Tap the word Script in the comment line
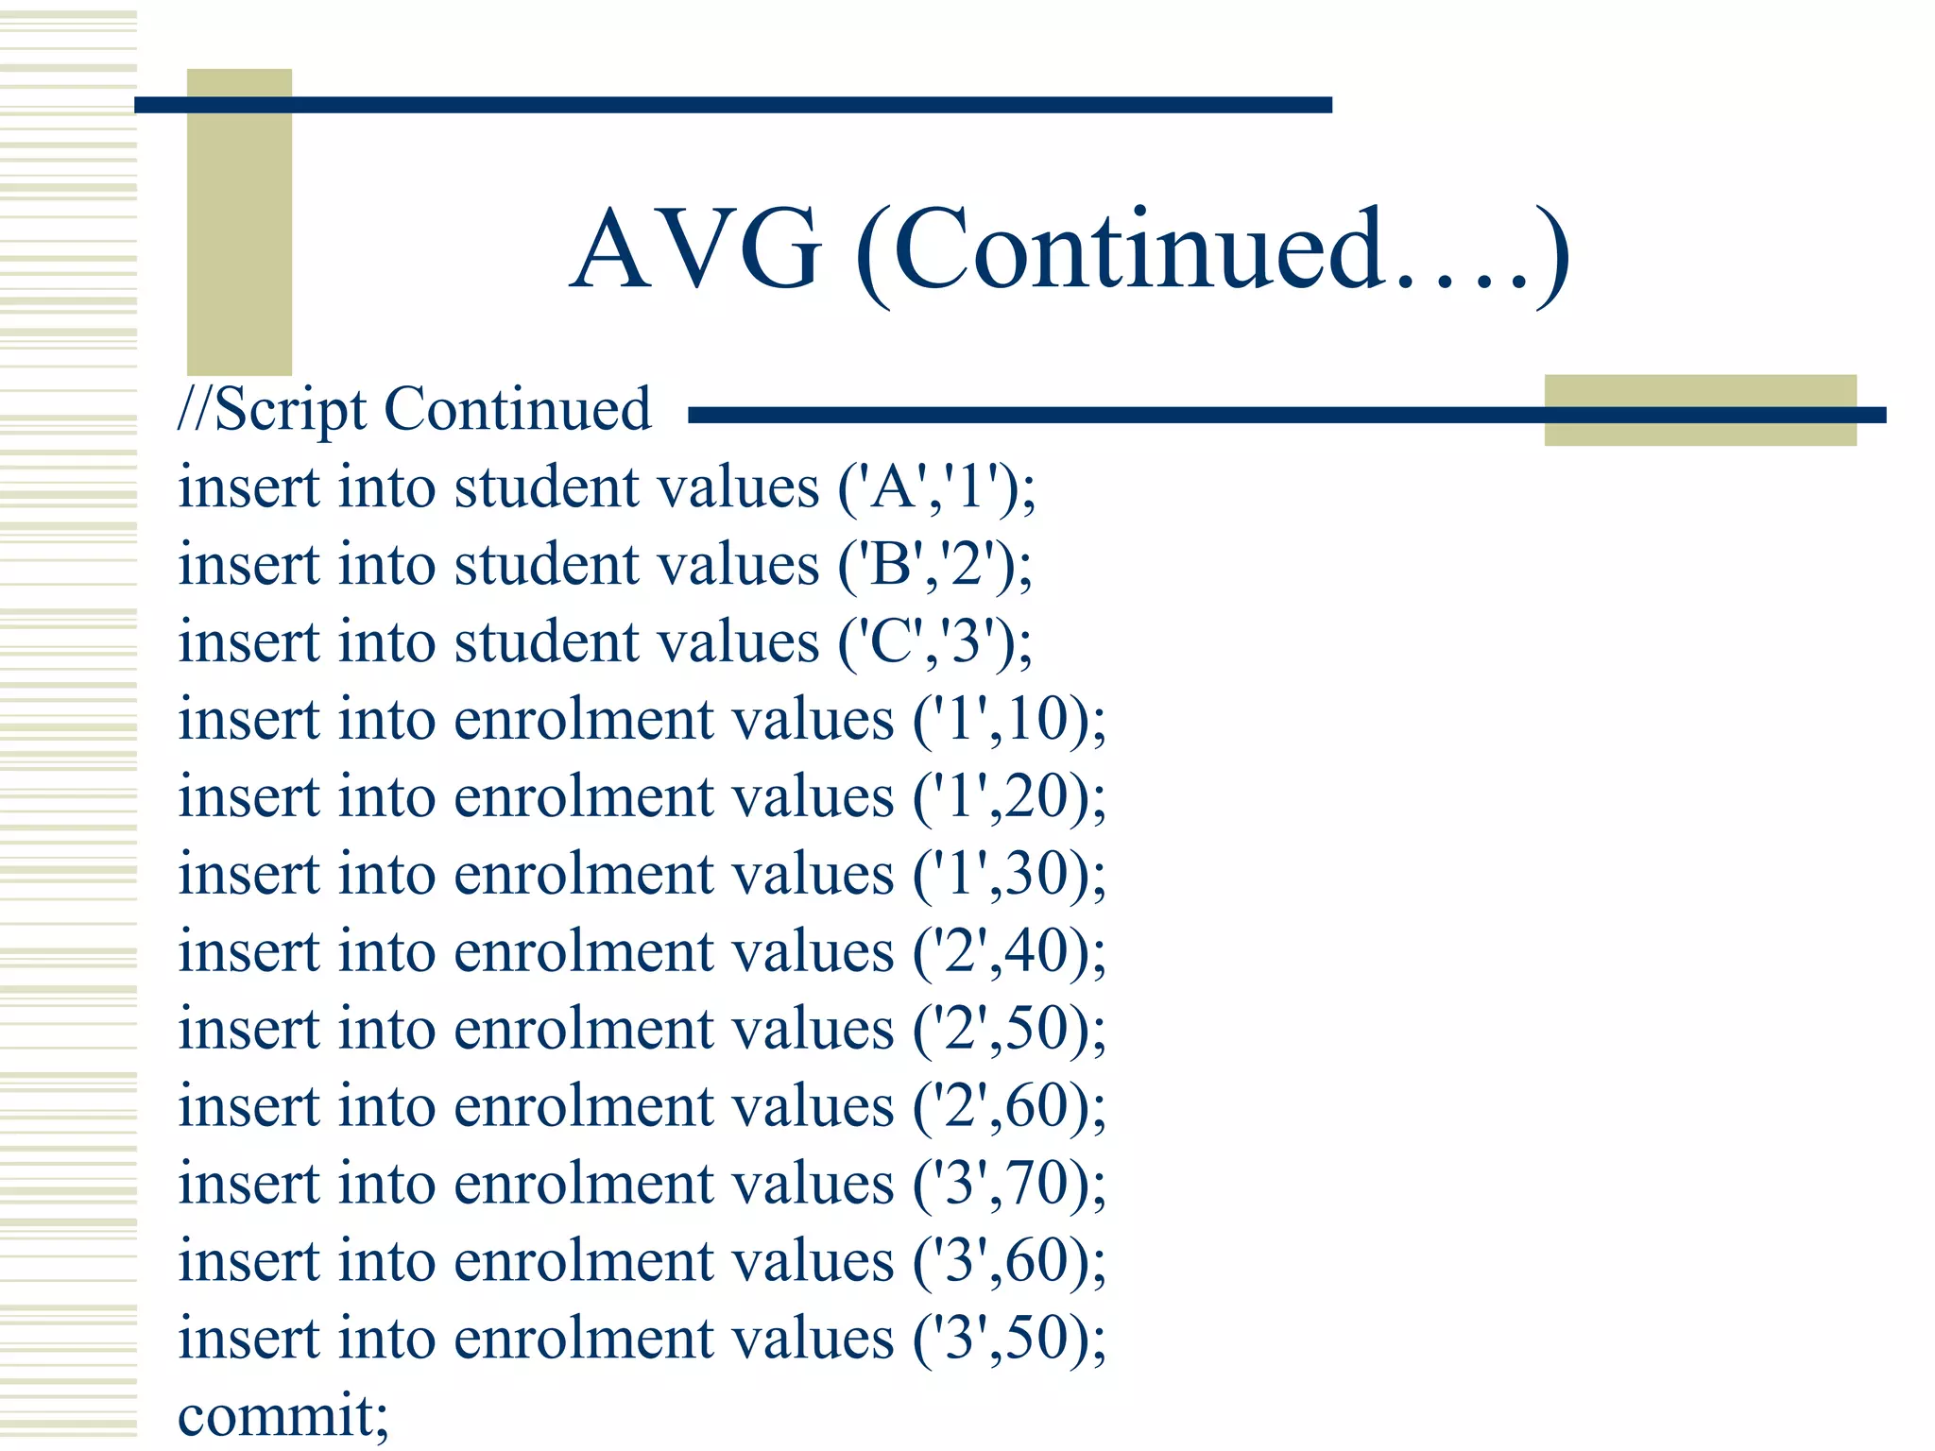point(290,411)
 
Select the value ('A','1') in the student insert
point(936,488)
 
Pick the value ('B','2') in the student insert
point(934,566)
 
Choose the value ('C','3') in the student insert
point(934,643)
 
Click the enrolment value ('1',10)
point(1008,721)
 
